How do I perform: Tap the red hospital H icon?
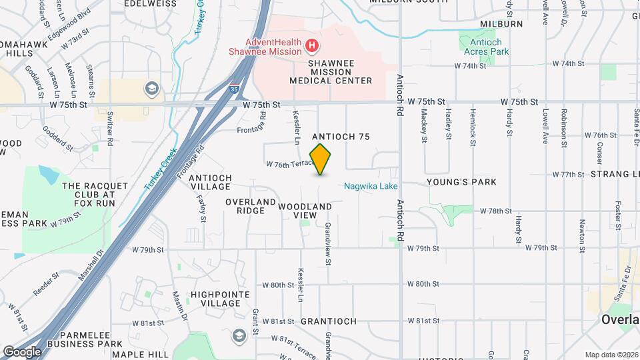[x=311, y=46]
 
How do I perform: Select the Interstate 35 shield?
[x=233, y=87]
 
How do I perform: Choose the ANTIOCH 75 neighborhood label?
[x=341, y=137]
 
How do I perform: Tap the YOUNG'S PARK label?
[x=461, y=182]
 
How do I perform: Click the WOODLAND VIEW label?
[x=305, y=211]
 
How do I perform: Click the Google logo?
[x=22, y=351]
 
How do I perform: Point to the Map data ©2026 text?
[x=611, y=355]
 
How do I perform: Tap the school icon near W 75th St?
[x=152, y=89]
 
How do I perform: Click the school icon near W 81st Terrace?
[x=239, y=336]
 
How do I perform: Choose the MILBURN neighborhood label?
[x=501, y=24]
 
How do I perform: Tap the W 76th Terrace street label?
[x=289, y=164]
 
